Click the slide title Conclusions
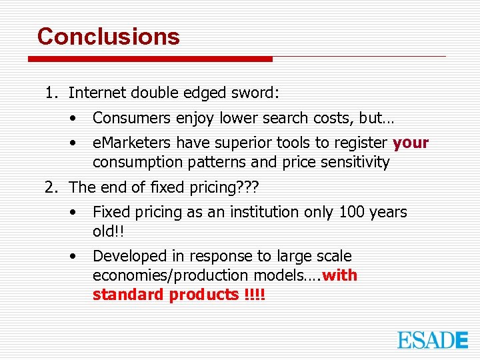click(109, 37)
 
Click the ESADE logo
click(433, 339)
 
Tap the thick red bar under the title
click(150, 59)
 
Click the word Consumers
click(132, 119)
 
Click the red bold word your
click(411, 143)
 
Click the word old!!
click(108, 231)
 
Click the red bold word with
click(339, 275)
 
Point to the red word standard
click(128, 295)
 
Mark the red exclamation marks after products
click(255, 295)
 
